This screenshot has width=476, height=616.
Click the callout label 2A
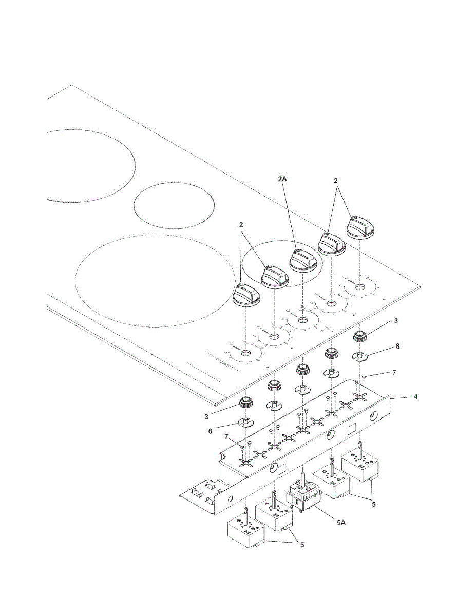click(282, 179)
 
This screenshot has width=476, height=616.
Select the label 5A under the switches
click(341, 522)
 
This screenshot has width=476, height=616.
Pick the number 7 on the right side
click(394, 372)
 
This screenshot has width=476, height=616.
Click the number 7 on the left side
click(226, 436)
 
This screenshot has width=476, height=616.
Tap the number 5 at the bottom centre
click(302, 545)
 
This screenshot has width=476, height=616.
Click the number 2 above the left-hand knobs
click(241, 225)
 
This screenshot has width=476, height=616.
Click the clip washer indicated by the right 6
click(360, 356)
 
